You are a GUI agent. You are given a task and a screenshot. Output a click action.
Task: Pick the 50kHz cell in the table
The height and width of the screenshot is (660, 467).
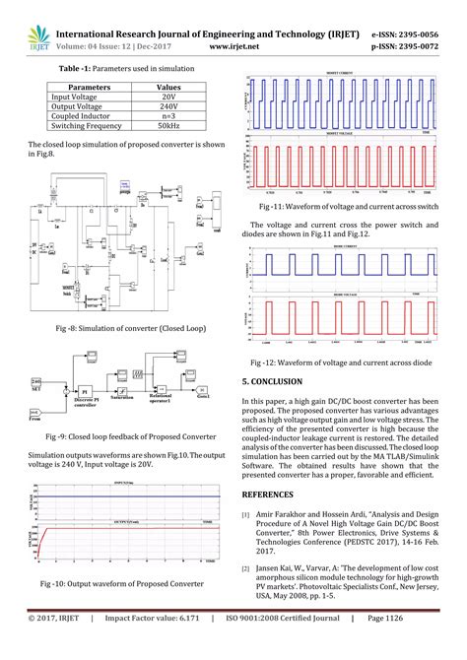pyautogui.click(x=167, y=126)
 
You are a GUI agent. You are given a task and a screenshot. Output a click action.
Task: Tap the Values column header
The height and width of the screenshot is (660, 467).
pyautogui.click(x=167, y=88)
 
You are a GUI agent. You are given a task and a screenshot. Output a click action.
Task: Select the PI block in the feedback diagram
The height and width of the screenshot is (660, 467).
pyautogui.click(x=85, y=390)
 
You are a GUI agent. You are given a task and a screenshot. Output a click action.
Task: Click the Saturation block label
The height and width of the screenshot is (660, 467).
pyautogui.click(x=121, y=399)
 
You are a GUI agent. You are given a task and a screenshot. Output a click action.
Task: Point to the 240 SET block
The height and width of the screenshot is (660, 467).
pyautogui.click(x=37, y=382)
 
